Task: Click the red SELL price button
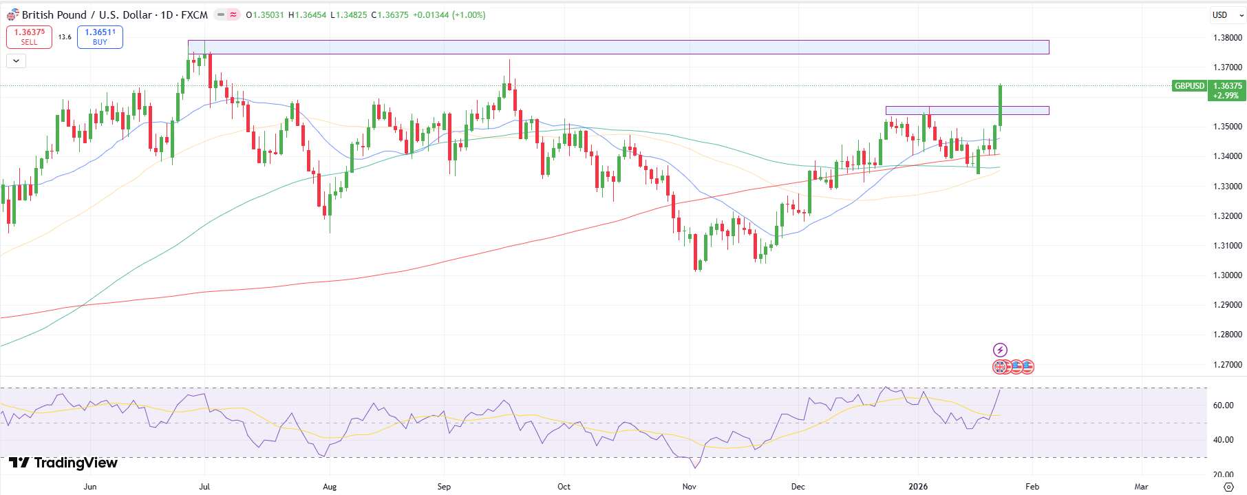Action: (29, 37)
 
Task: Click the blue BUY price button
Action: (100, 37)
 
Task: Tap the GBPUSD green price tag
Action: (1189, 86)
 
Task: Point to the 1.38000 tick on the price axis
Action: (1227, 38)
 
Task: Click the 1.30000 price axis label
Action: (1227, 275)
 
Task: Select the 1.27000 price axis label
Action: (1227, 365)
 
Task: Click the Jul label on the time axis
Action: (204, 487)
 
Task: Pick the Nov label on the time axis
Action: (689, 487)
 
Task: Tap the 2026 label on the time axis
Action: (918, 487)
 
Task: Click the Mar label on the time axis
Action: (1141, 487)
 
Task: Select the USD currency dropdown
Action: (1225, 15)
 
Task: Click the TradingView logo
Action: (63, 463)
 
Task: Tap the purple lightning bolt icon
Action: (1000, 350)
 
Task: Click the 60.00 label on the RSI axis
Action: (1223, 406)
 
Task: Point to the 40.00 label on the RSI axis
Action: (1223, 440)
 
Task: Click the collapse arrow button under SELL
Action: (16, 61)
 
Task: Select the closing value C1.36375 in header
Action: (390, 15)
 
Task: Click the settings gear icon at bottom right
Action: (1228, 487)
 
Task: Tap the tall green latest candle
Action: (1000, 106)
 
